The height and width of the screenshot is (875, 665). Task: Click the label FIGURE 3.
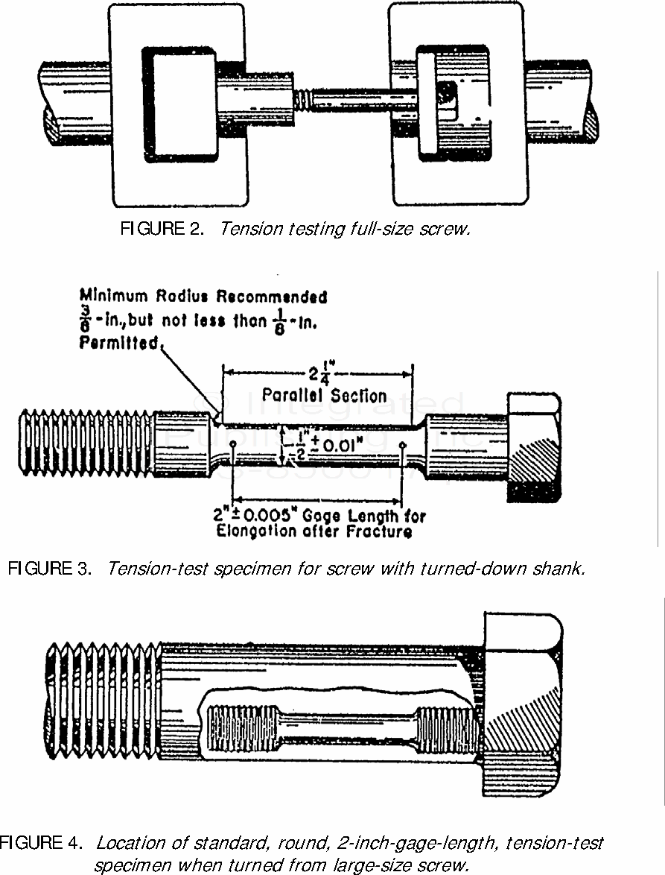tap(50, 569)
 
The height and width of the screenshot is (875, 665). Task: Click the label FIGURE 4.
tap(41, 844)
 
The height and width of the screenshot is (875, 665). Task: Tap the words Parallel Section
tap(324, 396)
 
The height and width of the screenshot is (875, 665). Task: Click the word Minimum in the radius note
tap(120, 297)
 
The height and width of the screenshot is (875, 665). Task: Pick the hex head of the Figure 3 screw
tap(534, 446)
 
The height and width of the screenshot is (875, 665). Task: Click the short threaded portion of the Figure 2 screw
tap(302, 97)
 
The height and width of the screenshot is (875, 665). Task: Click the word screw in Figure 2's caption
tap(448, 229)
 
